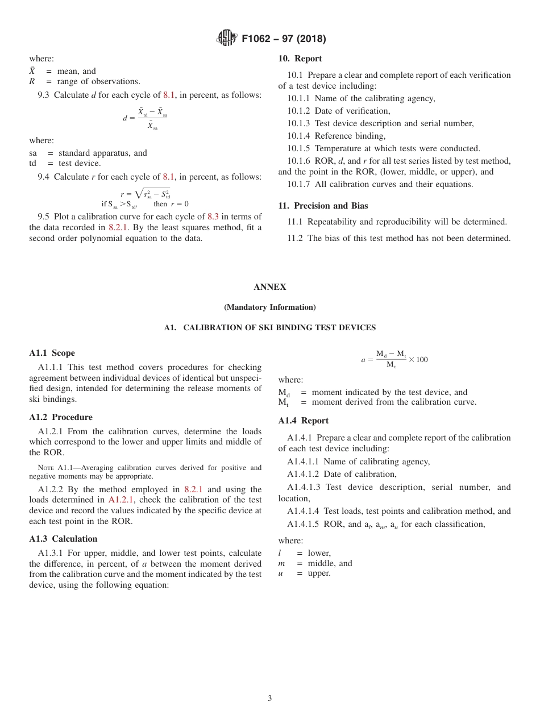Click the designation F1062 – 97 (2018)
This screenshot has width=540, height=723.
pos(284,39)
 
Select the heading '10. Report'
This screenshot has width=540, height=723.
pos(300,59)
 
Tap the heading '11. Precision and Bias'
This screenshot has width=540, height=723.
pos(323,206)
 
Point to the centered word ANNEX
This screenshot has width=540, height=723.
pos(270,287)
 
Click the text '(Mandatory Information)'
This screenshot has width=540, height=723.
pos(270,308)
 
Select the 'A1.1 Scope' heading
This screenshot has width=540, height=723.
pos(52,353)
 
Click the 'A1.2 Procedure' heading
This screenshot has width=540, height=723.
pos(61,417)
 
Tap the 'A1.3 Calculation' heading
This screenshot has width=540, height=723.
pos(63,539)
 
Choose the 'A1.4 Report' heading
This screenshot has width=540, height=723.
pos(304,421)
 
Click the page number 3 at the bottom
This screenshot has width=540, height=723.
pos(270,699)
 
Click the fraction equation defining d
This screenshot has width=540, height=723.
pos(146,118)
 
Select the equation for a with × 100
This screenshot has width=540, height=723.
pos(394,359)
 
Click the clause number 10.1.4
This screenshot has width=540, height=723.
pos(298,136)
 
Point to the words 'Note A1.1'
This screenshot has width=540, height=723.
pos(54,468)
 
